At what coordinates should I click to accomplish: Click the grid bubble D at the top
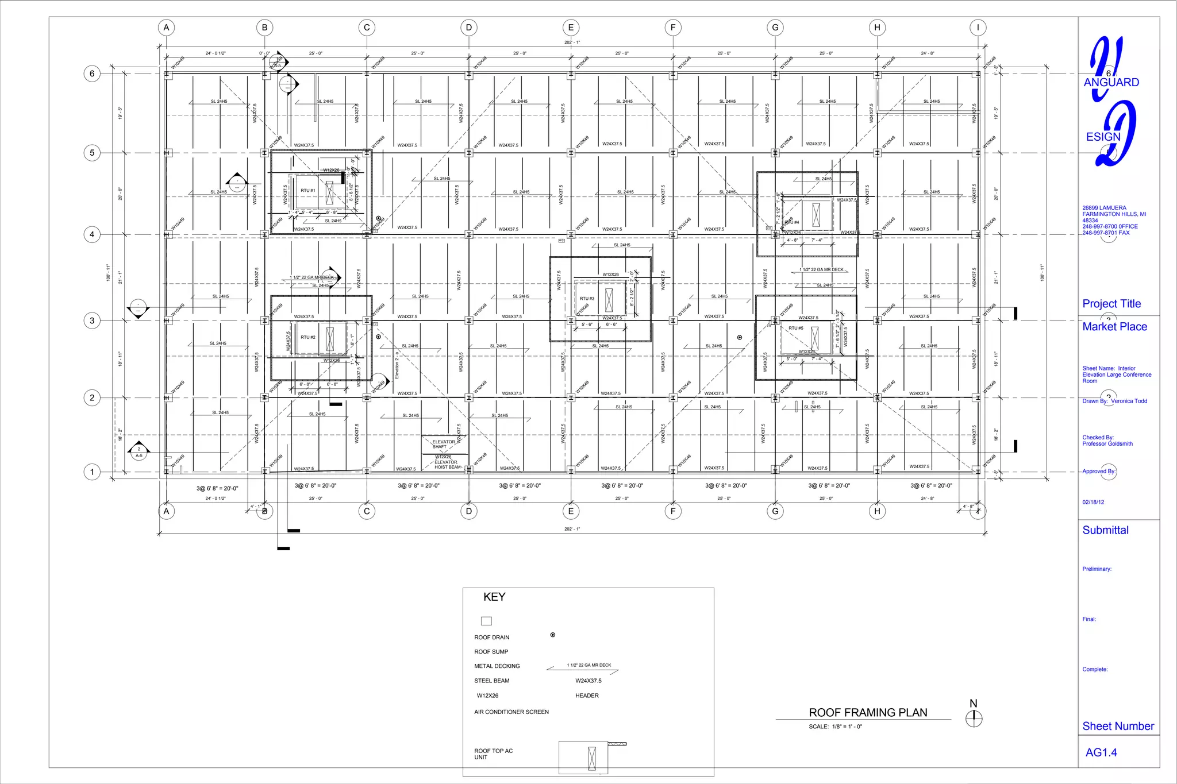[469, 28]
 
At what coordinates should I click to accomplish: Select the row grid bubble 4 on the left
[92, 234]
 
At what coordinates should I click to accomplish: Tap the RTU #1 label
[308, 191]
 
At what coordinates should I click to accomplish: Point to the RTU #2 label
[308, 337]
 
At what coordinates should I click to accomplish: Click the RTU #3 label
[587, 299]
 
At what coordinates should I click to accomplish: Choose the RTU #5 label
[796, 328]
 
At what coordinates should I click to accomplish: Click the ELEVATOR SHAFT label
[443, 444]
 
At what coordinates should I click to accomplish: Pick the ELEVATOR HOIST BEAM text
[447, 465]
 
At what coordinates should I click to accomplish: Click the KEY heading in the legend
[494, 597]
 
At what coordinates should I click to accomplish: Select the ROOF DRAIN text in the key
[491, 638]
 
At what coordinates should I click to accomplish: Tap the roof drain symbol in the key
[553, 635]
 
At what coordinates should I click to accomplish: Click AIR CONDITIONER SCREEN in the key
[511, 712]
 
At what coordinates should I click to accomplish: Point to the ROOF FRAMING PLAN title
[868, 713]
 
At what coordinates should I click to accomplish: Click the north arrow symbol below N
[974, 719]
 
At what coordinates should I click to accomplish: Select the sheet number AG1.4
[1101, 752]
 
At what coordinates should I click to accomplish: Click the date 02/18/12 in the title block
[1093, 502]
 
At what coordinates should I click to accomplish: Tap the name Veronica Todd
[1129, 401]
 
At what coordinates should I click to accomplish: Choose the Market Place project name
[1114, 327]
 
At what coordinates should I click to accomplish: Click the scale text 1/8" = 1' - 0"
[847, 727]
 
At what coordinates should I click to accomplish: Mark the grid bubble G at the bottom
[775, 511]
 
